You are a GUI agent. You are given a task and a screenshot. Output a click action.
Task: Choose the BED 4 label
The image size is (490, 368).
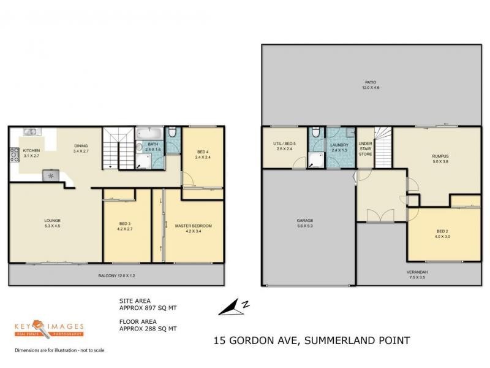pyautogui.click(x=203, y=155)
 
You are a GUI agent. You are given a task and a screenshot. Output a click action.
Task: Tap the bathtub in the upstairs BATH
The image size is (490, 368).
pyautogui.click(x=149, y=134)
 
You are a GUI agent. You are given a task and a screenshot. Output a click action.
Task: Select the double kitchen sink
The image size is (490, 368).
pyautogui.click(x=31, y=131)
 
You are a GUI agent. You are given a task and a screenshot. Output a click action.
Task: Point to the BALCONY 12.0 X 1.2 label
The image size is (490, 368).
pyautogui.click(x=116, y=276)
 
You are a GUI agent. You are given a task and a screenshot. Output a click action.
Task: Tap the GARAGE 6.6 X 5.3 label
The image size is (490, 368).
pyautogui.click(x=305, y=223)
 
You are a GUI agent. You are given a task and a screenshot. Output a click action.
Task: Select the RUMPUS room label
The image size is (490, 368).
pyautogui.click(x=440, y=159)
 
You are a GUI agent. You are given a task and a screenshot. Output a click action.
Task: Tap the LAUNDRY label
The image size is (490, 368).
pyautogui.click(x=339, y=147)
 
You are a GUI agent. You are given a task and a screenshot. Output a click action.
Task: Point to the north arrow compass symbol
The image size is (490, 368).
pyautogui.click(x=234, y=307)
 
